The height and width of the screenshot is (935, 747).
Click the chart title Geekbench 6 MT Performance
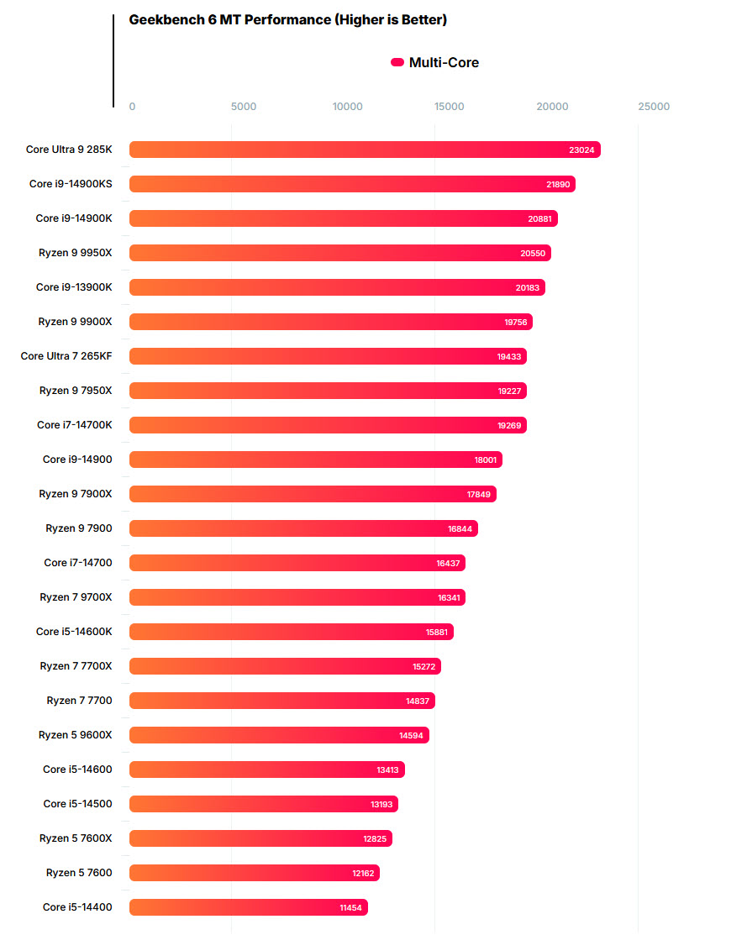[287, 19]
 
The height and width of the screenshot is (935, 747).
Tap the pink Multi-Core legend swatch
[397, 62]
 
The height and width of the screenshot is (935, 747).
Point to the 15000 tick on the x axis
[450, 107]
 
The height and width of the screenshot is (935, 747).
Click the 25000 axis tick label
[654, 107]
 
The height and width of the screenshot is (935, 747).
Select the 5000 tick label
[243, 107]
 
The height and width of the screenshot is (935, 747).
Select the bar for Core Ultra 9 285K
[364, 150]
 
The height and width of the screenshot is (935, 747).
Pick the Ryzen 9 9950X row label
[75, 253]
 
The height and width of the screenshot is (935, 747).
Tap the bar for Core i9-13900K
[336, 287]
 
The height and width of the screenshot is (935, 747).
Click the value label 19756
[515, 322]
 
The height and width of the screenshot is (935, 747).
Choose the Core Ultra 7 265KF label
[66, 356]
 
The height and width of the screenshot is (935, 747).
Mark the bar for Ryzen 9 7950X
[328, 391]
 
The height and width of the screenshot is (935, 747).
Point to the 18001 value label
[485, 460]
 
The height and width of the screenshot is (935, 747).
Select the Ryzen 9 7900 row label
[78, 528]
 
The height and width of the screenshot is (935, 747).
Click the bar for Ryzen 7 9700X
[297, 597]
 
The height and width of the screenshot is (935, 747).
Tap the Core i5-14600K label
[74, 632]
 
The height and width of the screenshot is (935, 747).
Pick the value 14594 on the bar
[412, 735]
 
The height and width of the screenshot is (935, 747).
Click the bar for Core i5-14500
[263, 804]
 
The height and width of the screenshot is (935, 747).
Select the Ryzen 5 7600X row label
[75, 838]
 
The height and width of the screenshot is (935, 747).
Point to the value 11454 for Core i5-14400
[351, 907]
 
